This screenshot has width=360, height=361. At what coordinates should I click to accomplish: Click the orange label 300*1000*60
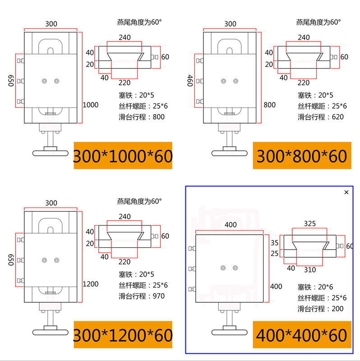click(123, 156)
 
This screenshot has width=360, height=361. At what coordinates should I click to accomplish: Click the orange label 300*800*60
click(301, 156)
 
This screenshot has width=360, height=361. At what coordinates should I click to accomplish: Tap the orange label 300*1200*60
click(123, 335)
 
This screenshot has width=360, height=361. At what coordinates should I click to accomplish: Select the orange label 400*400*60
click(301, 335)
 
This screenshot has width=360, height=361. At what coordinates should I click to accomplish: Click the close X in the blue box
click(346, 192)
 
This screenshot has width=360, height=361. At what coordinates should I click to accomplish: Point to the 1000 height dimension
click(91, 105)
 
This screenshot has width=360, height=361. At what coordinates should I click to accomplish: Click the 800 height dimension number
click(269, 105)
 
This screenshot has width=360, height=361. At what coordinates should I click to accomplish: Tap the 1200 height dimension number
click(91, 285)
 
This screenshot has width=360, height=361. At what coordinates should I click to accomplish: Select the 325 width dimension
click(309, 223)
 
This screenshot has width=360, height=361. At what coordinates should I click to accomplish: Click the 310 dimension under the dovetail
click(309, 270)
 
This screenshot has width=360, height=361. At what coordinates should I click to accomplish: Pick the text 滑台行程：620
click(320, 117)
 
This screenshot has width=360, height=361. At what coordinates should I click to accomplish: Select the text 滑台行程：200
click(320, 309)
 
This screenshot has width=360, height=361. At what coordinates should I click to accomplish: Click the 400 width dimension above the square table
click(231, 225)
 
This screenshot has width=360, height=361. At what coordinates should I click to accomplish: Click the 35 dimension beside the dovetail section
click(275, 242)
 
